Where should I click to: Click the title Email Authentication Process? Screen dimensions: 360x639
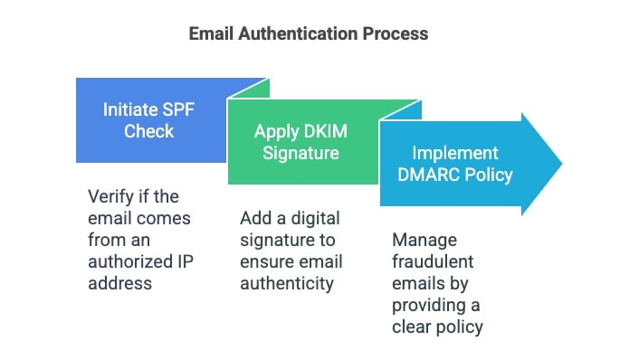click(308, 33)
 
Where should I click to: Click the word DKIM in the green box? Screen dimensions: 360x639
click(325, 131)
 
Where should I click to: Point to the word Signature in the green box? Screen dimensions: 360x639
click(301, 152)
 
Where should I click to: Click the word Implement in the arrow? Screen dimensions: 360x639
click(454, 153)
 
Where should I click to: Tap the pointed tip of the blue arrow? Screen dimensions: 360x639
click(560, 164)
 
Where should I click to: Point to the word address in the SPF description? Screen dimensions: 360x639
click(119, 282)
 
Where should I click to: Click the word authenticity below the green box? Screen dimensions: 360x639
click(287, 283)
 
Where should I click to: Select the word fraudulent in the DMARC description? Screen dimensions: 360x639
click(431, 261)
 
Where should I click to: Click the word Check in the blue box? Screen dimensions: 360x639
click(150, 131)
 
